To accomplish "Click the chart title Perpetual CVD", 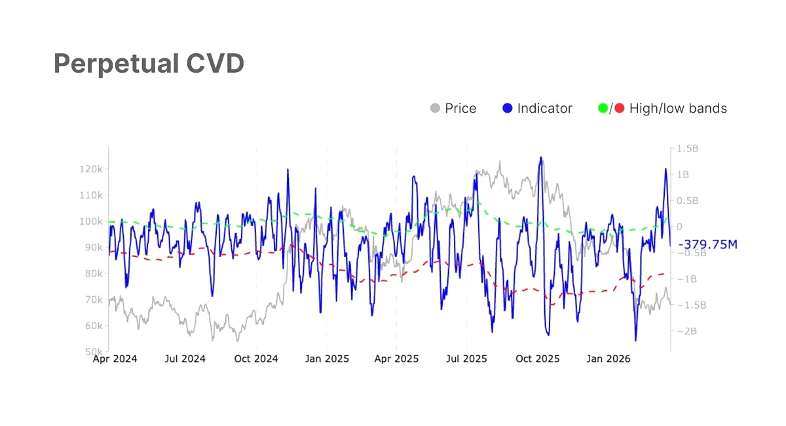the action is (x=149, y=64).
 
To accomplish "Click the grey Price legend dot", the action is (x=435, y=108).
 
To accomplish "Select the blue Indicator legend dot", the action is (x=508, y=108).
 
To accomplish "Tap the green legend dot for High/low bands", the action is (x=603, y=108).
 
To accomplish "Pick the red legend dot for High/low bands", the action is (x=620, y=108).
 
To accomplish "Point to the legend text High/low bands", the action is (x=678, y=109).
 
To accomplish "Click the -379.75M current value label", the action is (x=708, y=244).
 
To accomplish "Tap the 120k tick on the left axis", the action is (x=91, y=169).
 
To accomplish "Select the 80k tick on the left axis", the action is (x=94, y=273).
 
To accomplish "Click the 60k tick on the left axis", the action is (x=94, y=326).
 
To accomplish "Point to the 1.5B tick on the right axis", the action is (x=688, y=149).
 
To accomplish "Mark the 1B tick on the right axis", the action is (x=683, y=174).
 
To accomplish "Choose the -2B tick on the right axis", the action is (x=686, y=331).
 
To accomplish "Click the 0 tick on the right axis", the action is (x=680, y=227).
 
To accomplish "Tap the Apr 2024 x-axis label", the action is (x=115, y=359).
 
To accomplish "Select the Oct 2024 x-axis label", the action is (x=256, y=359).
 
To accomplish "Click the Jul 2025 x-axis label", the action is (x=466, y=359).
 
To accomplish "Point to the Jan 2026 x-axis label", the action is (x=608, y=359).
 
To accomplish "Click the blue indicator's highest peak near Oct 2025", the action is (x=541, y=157).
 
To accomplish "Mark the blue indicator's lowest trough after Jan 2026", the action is (x=635, y=341).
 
